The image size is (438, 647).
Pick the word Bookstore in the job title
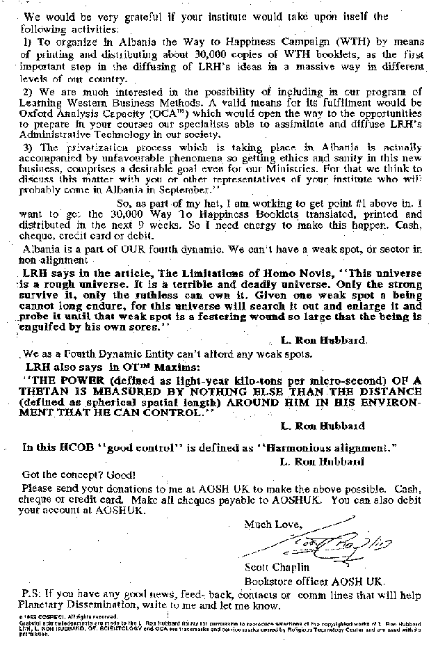(268, 580)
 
